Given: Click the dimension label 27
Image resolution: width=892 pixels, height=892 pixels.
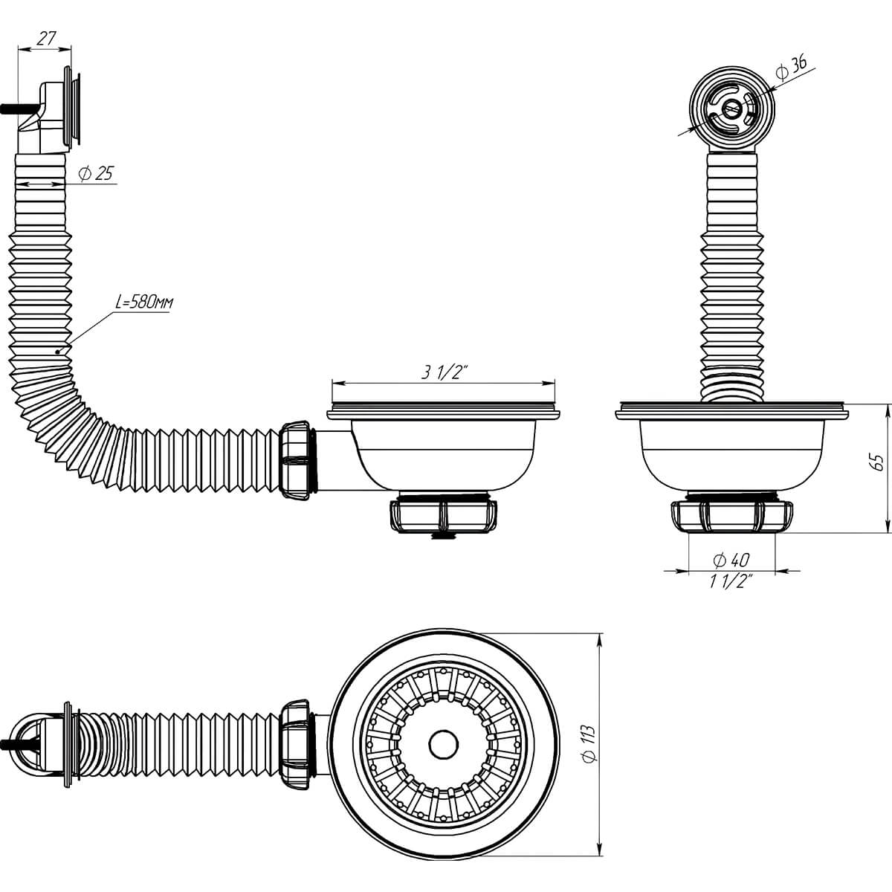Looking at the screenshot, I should [x=47, y=38].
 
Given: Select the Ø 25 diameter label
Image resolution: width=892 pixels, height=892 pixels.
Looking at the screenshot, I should [x=95, y=173].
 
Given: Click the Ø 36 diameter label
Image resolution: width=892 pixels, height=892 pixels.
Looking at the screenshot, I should [x=790, y=68].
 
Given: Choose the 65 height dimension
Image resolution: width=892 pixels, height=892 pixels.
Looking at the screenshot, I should [x=877, y=462].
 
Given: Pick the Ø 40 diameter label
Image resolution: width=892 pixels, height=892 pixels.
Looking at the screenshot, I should [x=731, y=560].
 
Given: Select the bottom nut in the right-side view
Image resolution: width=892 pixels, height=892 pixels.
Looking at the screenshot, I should [x=733, y=517].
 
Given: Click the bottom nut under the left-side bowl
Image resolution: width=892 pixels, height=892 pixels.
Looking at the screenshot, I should [x=444, y=515].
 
